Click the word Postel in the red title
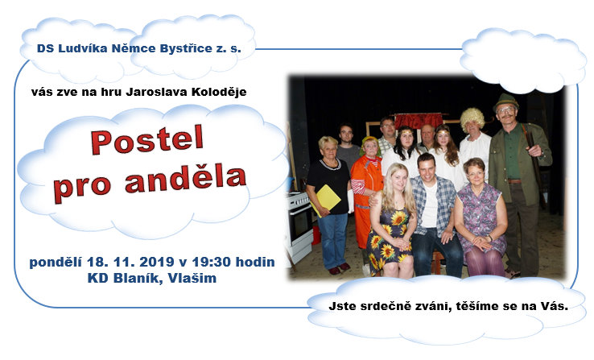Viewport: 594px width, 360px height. click(147, 139)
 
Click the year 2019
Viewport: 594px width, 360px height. click(156, 262)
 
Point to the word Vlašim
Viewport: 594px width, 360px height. click(192, 278)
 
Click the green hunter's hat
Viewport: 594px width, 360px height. click(505, 101)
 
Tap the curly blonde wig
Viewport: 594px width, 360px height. click(472, 118)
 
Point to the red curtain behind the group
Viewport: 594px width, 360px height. click(419, 121)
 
